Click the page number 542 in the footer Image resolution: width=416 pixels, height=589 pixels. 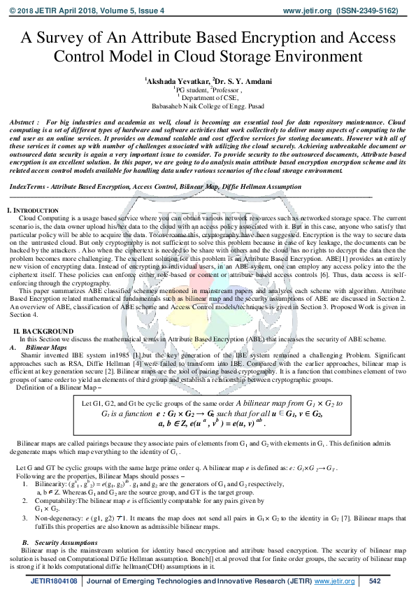(x=374, y=581)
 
